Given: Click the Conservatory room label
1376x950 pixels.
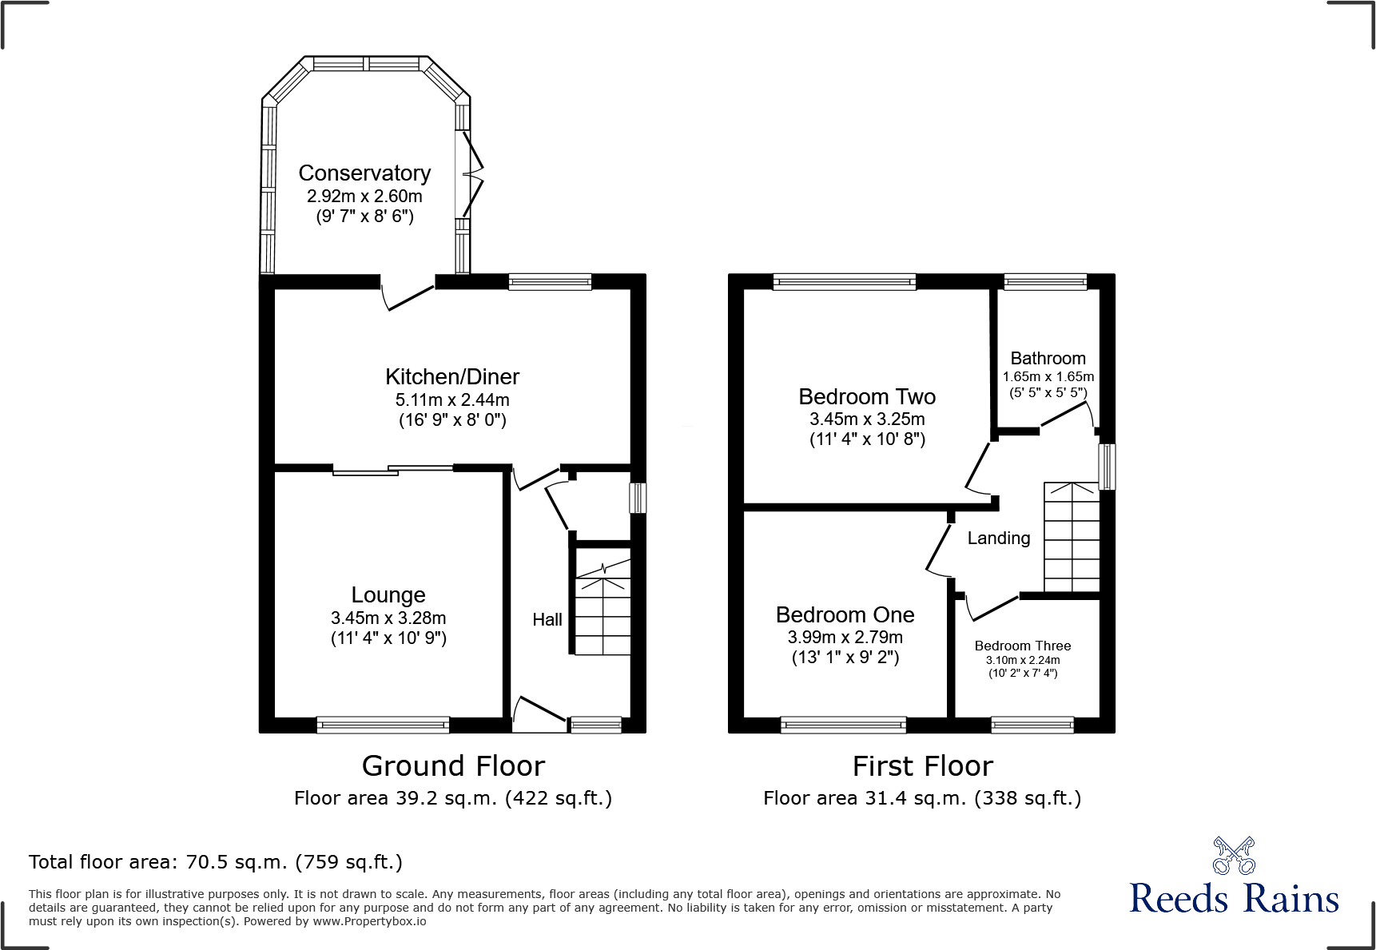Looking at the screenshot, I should pyautogui.click(x=364, y=173).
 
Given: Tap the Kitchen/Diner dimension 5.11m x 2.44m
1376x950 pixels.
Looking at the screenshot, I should pyautogui.click(x=452, y=400).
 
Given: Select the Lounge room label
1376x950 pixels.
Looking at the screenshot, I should pyautogui.click(x=388, y=595).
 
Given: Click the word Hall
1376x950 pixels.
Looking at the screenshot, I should pyautogui.click(x=547, y=620).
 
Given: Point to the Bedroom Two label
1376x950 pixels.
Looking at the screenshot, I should pyautogui.click(x=867, y=397).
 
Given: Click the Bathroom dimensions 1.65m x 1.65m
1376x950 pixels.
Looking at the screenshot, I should pyautogui.click(x=1048, y=376).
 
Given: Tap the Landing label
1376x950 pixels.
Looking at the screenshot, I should pyautogui.click(x=998, y=539).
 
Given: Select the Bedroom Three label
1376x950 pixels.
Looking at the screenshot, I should pyautogui.click(x=1022, y=646).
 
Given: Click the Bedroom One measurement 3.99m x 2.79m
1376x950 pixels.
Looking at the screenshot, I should pyautogui.click(x=845, y=638).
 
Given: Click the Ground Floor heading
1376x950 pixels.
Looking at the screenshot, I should pyautogui.click(x=453, y=766).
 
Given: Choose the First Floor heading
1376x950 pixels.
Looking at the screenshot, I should pyautogui.click(x=922, y=766).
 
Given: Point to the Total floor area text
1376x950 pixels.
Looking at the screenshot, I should pyautogui.click(x=216, y=862).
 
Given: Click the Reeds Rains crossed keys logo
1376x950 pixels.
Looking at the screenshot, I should pyautogui.click(x=1234, y=856).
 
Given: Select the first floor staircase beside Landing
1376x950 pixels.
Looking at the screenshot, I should pyautogui.click(x=1072, y=537).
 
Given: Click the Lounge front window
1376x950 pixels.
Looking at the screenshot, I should pyautogui.click(x=383, y=725).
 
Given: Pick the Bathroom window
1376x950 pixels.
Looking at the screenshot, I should pyautogui.click(x=1045, y=280).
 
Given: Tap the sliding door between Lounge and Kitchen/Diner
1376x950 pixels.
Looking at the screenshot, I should pyautogui.click(x=393, y=470).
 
